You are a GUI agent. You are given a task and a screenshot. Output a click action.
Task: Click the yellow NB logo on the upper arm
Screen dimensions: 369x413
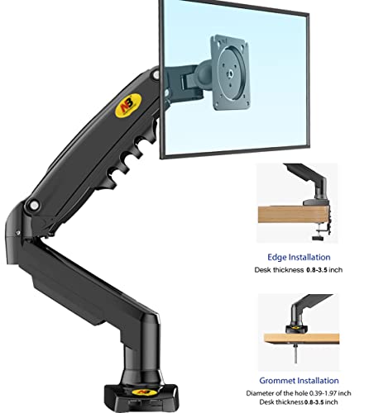[x=128, y=106]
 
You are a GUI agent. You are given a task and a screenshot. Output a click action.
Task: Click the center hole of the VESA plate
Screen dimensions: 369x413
[x=230, y=73]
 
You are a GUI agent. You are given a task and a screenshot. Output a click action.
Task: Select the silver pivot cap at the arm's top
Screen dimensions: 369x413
[x=156, y=74]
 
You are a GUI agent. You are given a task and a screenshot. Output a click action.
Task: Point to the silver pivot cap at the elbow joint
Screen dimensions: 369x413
[x=34, y=205]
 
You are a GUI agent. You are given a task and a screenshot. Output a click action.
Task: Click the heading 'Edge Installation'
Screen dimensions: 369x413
[x=299, y=257]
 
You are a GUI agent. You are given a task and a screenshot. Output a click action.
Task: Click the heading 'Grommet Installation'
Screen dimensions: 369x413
[x=299, y=381]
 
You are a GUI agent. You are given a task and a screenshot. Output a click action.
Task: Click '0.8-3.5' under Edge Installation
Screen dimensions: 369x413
[x=317, y=270]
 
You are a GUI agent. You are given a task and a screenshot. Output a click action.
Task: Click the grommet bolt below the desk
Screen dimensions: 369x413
[x=295, y=353]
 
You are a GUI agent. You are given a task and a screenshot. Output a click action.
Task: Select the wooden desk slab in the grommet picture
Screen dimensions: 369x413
[x=301, y=338]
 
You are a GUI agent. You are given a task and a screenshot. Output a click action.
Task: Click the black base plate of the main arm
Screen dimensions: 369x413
[x=141, y=396]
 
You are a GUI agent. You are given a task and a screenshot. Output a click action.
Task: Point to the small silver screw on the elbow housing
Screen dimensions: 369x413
[x=18, y=233]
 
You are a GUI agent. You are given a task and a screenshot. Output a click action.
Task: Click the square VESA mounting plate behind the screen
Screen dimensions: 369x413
[x=230, y=73]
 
